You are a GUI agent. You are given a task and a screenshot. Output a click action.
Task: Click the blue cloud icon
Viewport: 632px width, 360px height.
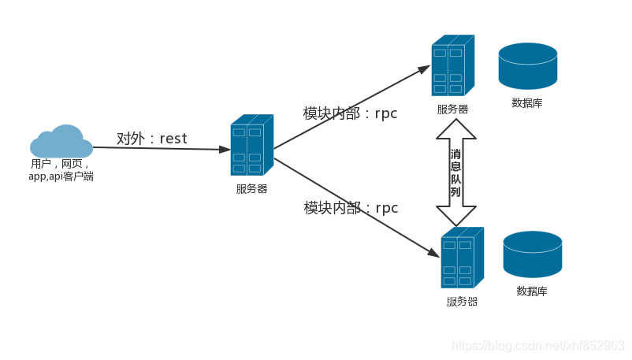[x=61, y=142]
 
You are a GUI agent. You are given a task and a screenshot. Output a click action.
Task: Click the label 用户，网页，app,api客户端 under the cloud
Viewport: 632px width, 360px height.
[x=61, y=170]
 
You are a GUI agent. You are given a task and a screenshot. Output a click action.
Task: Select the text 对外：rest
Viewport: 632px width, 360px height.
[x=152, y=139]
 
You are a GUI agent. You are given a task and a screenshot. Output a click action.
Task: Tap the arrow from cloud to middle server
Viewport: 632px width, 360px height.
[x=162, y=148]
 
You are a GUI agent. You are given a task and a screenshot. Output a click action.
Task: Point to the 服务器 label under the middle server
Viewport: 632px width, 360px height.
[x=251, y=188]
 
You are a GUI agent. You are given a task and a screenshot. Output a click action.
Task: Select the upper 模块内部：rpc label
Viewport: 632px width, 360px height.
[x=350, y=113]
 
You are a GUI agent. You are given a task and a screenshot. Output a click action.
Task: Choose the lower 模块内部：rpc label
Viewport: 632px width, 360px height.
[x=351, y=208]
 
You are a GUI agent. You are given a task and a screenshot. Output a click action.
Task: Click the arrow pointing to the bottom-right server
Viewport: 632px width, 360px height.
[x=355, y=206]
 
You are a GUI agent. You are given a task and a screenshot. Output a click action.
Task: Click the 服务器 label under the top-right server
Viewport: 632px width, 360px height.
[x=452, y=109]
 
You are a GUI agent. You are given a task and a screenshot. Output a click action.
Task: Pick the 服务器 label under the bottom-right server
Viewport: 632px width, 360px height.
[x=462, y=301]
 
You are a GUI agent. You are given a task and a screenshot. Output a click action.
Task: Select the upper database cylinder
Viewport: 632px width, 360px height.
[x=527, y=66]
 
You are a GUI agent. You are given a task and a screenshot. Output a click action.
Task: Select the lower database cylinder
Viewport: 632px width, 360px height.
[x=533, y=254]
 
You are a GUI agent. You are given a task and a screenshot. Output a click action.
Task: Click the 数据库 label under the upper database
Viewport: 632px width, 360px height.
[x=527, y=102]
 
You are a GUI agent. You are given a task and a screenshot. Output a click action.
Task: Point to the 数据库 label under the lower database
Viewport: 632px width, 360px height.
[x=532, y=291]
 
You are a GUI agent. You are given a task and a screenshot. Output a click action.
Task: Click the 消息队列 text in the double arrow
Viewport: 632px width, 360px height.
[x=456, y=173]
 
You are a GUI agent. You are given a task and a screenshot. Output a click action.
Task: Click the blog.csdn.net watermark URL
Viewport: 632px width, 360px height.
[x=538, y=346]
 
